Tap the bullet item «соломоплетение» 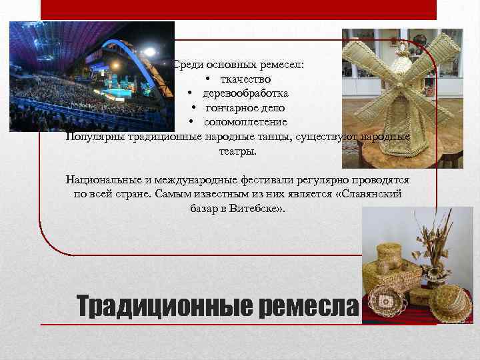point(245,122)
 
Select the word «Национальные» point(104,180)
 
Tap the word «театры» point(237,151)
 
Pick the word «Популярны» point(93,137)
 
